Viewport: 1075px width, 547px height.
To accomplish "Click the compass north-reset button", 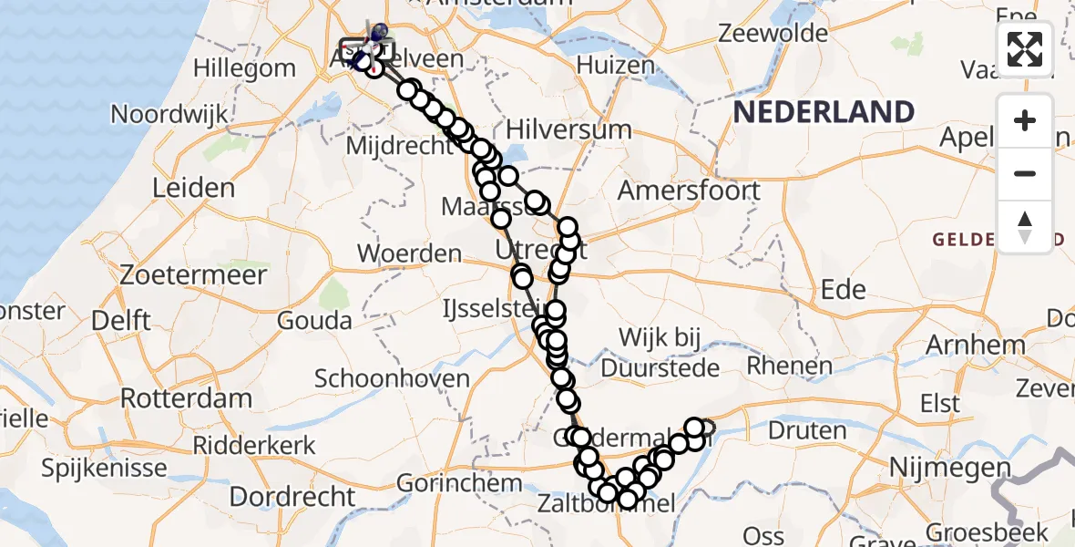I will click(1025, 226).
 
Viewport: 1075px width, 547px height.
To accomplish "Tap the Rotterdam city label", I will click(186, 398).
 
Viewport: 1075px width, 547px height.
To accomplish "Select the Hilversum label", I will click(568, 129).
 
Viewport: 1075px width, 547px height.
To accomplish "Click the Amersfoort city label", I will click(689, 191).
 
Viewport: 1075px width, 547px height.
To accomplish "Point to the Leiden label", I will click(193, 188).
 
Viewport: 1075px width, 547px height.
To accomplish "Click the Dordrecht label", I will click(292, 497).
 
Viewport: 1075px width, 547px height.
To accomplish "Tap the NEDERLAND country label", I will click(824, 112).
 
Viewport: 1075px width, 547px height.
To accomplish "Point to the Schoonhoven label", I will click(392, 378).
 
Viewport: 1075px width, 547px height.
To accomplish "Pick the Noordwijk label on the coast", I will click(169, 115).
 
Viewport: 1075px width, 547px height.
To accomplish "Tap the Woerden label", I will click(409, 253).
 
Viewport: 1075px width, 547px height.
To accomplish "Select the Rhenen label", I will click(789, 366).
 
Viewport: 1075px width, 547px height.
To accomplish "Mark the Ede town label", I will click(843, 289).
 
